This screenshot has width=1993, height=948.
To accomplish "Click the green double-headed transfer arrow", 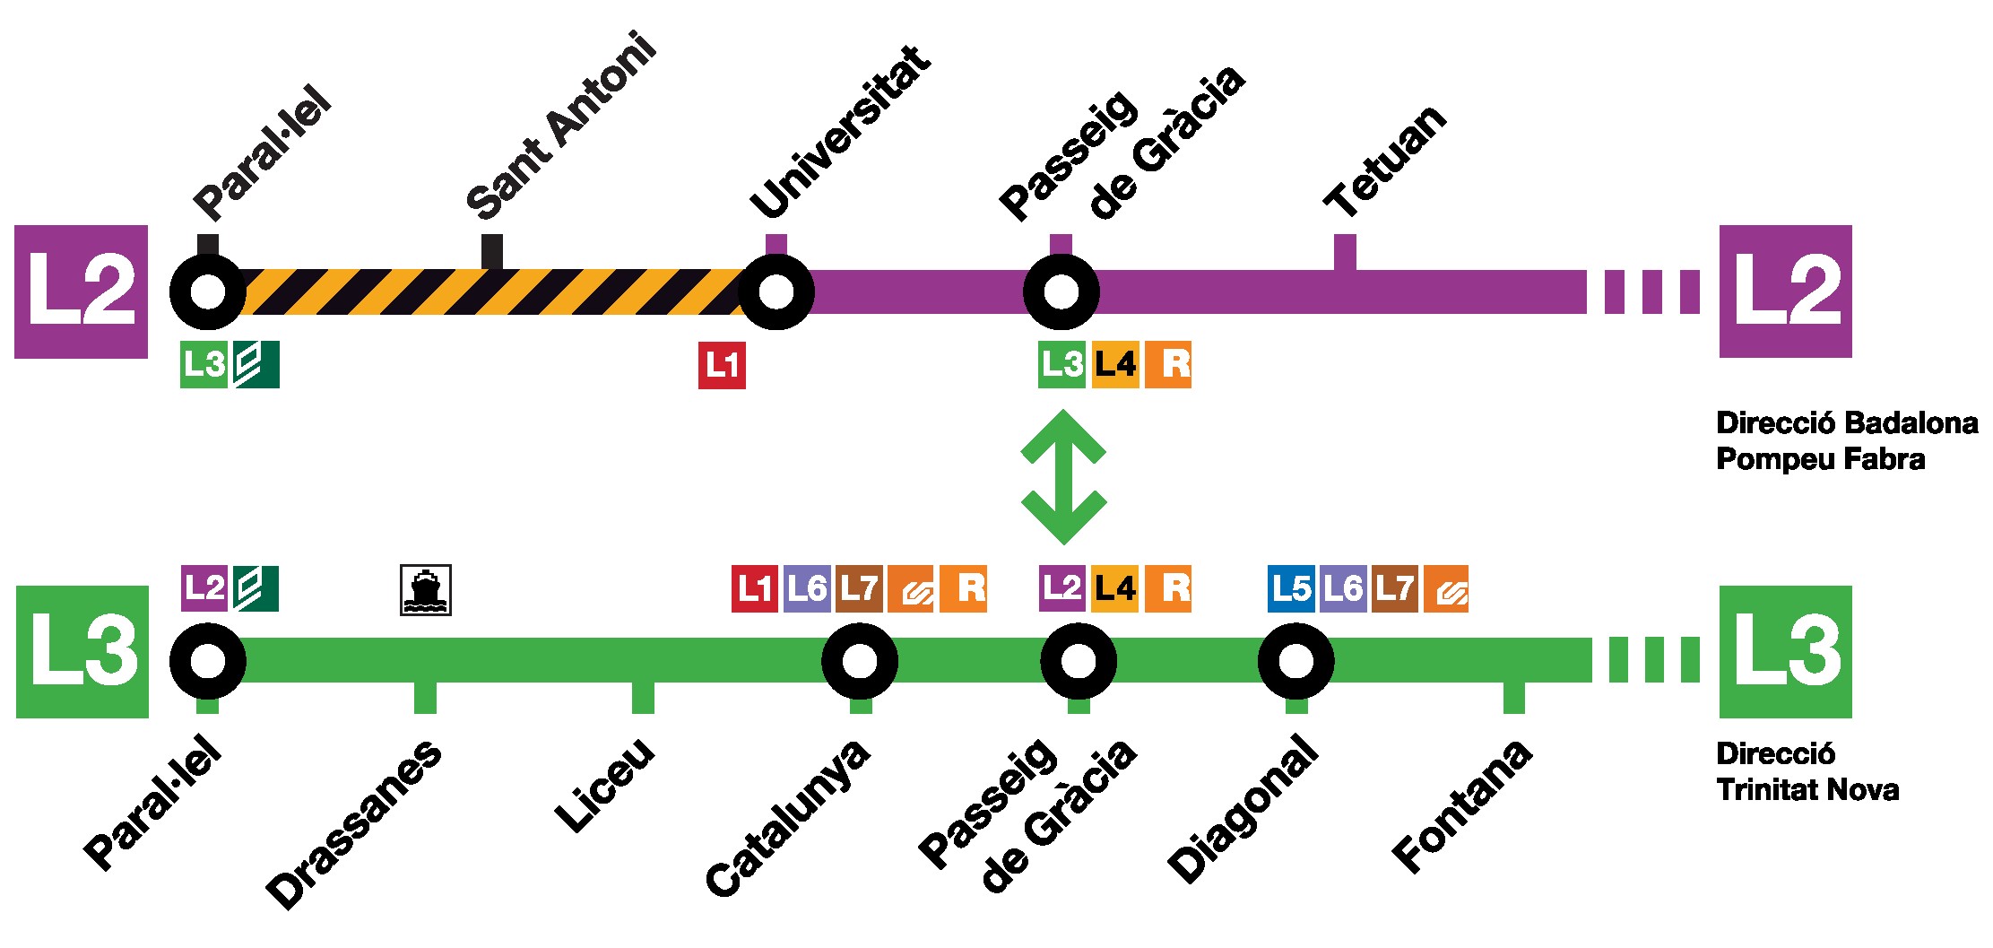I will click(x=1063, y=476).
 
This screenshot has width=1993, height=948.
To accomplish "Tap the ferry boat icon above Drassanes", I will click(x=425, y=590).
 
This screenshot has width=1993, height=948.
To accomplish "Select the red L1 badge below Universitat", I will click(x=722, y=366).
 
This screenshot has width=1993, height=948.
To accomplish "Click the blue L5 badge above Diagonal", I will click(x=1291, y=588).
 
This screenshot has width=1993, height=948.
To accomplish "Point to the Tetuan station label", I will click(x=1386, y=161).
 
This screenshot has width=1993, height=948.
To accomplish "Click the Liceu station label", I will click(x=605, y=785).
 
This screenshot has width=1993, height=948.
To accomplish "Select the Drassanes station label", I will click(x=354, y=823).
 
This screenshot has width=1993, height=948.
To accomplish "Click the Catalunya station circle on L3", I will click(x=860, y=662).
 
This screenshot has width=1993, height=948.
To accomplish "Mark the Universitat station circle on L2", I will click(x=776, y=291).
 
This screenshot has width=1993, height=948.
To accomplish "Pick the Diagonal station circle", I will click(x=1295, y=662).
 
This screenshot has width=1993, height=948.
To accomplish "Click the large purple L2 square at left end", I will click(x=81, y=291).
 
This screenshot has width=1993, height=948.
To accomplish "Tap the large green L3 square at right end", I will click(x=1785, y=651).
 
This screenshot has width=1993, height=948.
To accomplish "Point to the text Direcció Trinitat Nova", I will click(x=1807, y=771).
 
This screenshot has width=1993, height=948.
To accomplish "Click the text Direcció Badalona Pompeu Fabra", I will click(x=1846, y=440).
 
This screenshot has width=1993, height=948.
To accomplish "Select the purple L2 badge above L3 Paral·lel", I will click(x=204, y=588).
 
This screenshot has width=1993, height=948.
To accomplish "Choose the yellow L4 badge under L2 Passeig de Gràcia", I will click(x=1115, y=366).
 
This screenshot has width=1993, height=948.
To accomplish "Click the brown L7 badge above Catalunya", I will click(x=859, y=588).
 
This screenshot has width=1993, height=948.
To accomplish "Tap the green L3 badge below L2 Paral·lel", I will click(x=204, y=365).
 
